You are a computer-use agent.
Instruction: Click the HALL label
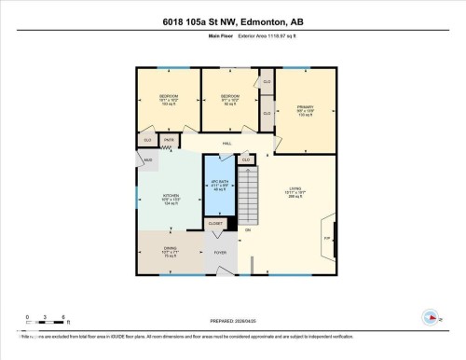pyautogui.click(x=226, y=144)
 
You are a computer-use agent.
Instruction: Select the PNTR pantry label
pyautogui.click(x=169, y=140)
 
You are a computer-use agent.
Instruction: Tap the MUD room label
pyautogui.click(x=147, y=160)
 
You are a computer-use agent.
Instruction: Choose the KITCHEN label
pyautogui.click(x=171, y=198)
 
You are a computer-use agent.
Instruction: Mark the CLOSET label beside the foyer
pyautogui.click(x=215, y=224)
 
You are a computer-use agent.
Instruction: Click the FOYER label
pyautogui.click(x=221, y=253)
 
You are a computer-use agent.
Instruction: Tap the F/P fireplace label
pyautogui.click(x=325, y=238)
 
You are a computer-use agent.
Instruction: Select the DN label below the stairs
pyautogui.click(x=248, y=229)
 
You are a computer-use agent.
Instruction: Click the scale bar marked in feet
pyautogui.click(x=45, y=322)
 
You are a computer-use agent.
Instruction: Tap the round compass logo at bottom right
pyautogui.click(x=430, y=316)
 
